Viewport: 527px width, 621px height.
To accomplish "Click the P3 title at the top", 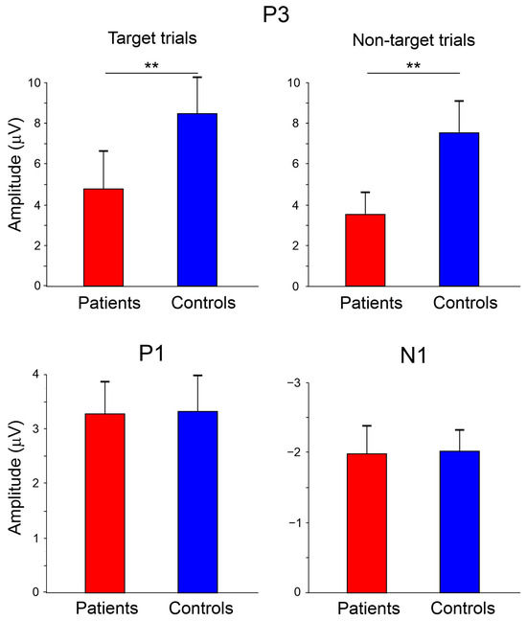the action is (276, 14).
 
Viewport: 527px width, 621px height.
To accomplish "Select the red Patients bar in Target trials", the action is (103, 238).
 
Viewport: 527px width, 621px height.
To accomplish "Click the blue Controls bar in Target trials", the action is (197, 199).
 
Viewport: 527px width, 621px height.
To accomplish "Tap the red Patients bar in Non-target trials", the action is (365, 250).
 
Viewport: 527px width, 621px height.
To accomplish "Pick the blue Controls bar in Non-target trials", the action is (459, 209).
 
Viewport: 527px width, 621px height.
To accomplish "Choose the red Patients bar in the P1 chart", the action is (105, 503).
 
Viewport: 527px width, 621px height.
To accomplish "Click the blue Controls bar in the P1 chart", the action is (197, 502).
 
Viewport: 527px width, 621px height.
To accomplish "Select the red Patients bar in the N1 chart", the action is (367, 523).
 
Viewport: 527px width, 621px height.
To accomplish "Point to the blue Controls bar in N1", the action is (459, 521).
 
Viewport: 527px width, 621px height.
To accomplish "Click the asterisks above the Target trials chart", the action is (151, 65).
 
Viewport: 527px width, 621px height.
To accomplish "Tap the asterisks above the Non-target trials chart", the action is (413, 65).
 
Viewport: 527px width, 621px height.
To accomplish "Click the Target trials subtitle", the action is (152, 38).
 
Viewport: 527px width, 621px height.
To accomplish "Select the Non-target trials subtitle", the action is (414, 40).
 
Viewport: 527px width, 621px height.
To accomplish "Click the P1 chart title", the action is (151, 353).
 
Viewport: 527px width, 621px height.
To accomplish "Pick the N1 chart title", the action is (413, 356).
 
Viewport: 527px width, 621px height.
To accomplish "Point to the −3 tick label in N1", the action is (294, 383).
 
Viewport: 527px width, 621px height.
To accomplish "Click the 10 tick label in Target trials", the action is (34, 82).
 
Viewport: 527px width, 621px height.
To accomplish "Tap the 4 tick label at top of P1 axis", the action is (36, 375).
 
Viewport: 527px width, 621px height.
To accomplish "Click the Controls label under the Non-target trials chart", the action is (466, 303).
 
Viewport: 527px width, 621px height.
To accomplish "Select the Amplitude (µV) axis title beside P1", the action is (14, 477).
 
